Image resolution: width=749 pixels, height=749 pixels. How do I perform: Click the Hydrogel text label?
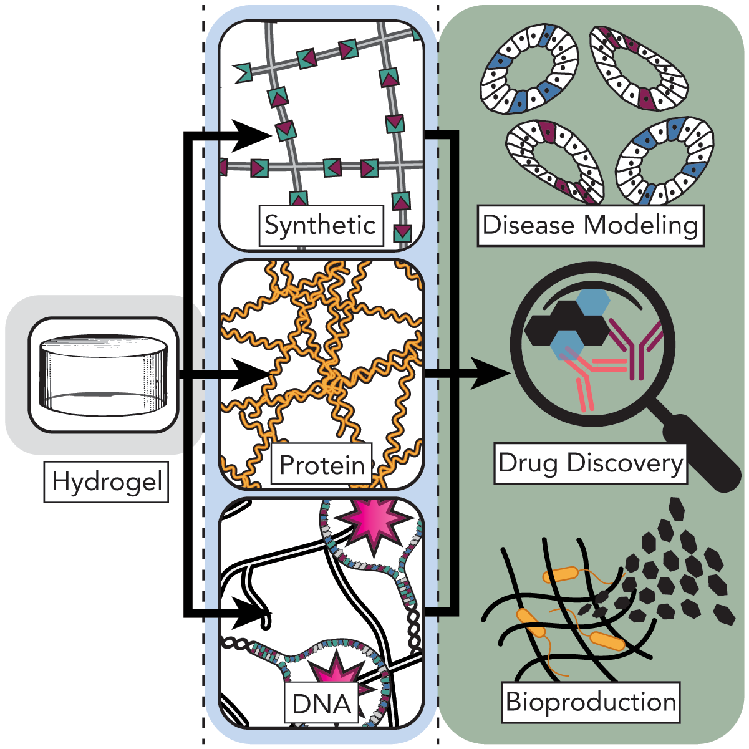(x=106, y=481)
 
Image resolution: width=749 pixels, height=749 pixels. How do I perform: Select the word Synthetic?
(x=321, y=225)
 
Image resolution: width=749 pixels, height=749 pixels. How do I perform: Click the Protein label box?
(x=322, y=465)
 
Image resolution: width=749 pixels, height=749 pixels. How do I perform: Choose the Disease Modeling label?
(x=590, y=225)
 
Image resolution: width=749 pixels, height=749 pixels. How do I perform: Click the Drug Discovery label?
(x=590, y=463)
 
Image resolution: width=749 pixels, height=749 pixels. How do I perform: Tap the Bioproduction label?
(x=591, y=702)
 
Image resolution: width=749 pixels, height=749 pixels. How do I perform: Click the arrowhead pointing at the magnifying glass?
(x=490, y=374)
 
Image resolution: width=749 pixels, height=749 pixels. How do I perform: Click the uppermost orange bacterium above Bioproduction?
(x=560, y=574)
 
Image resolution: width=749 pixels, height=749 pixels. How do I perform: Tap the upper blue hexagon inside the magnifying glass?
(x=592, y=302)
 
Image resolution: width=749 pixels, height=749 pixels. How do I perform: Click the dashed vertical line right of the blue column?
(x=438, y=374)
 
